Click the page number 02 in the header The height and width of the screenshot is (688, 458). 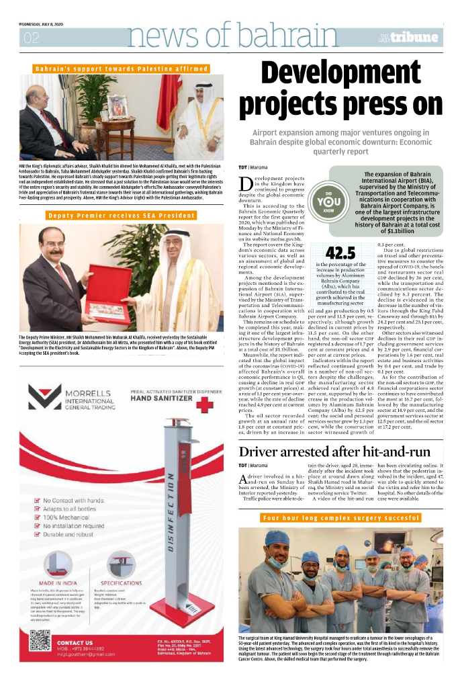click(x=32, y=38)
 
